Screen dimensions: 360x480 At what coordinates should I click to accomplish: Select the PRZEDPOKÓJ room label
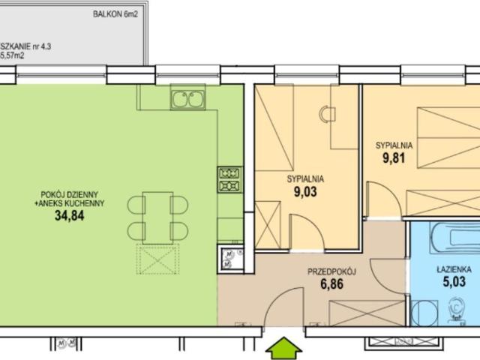click(x=331, y=274)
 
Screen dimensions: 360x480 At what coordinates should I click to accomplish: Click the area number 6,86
click(x=331, y=286)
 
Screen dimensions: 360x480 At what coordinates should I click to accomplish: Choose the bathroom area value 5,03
click(x=454, y=282)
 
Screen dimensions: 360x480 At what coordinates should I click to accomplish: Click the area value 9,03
click(x=305, y=192)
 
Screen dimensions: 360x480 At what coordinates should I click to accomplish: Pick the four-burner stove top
click(x=229, y=178)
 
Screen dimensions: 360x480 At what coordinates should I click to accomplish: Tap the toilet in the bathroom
click(x=457, y=308)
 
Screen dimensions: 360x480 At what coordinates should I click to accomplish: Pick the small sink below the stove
click(x=227, y=259)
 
